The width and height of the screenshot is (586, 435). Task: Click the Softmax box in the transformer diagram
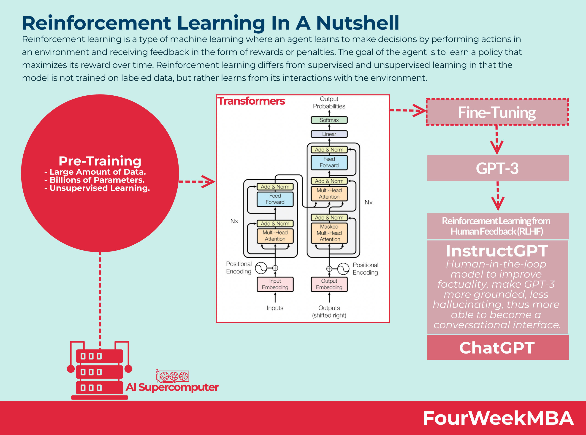click(x=329, y=120)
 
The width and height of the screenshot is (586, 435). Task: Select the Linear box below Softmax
click(x=329, y=134)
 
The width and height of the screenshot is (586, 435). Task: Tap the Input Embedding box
click(x=275, y=284)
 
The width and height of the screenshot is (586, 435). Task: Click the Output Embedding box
click(x=329, y=284)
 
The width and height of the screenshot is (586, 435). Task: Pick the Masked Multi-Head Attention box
click(x=329, y=233)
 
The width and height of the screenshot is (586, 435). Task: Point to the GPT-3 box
click(x=497, y=168)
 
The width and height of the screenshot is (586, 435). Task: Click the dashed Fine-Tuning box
click(x=497, y=112)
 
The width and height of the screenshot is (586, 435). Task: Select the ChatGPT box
click(x=497, y=348)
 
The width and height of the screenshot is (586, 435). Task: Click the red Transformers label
click(x=251, y=101)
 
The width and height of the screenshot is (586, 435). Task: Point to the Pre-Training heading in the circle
click(x=100, y=161)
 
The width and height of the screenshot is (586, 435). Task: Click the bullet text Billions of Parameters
click(x=97, y=180)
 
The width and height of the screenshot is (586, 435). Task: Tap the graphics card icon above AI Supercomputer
click(x=173, y=376)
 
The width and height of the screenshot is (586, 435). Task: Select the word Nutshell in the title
click(x=358, y=23)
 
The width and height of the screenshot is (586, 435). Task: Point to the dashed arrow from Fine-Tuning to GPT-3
click(x=497, y=140)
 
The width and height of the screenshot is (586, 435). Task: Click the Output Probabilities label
click(x=329, y=103)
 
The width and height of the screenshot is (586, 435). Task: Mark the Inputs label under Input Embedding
click(x=275, y=308)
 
